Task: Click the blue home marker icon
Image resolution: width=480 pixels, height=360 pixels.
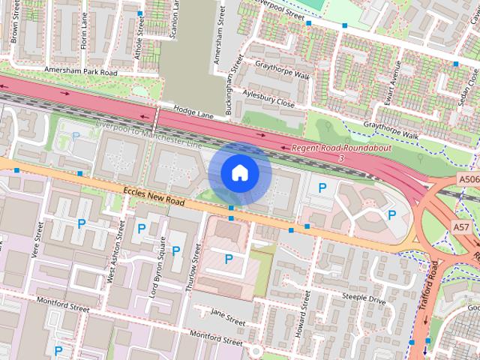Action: tap(239, 172)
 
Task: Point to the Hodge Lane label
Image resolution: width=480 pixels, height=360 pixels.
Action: tap(194, 111)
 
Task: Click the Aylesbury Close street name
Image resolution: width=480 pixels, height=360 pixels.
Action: tap(269, 99)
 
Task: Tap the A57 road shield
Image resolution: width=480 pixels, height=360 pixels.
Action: tap(460, 226)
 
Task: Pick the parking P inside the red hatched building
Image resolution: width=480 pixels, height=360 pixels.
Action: tap(229, 259)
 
